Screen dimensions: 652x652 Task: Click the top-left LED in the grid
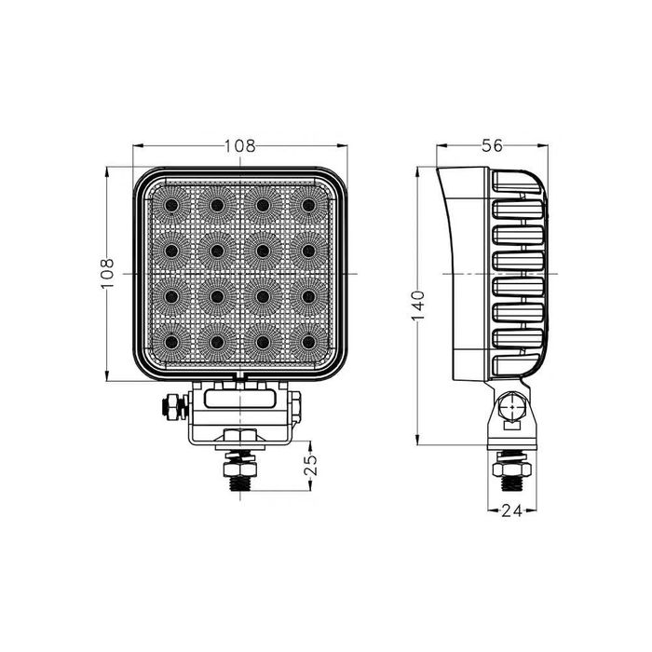tap(171, 204)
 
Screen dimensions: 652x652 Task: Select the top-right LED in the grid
tap(308, 204)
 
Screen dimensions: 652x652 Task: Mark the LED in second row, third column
tap(263, 250)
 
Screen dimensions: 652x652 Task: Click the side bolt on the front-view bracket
tap(172, 407)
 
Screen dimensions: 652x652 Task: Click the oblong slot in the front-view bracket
tap(240, 399)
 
